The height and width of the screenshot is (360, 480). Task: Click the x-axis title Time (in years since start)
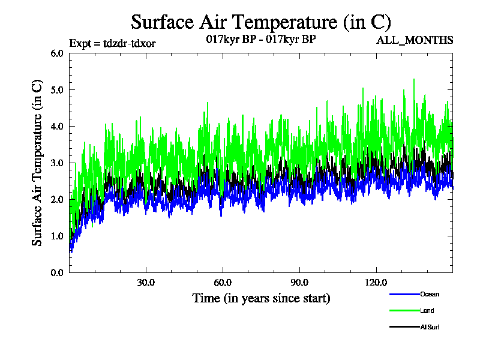[261, 298]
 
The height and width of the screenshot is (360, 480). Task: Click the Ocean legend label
[430, 294]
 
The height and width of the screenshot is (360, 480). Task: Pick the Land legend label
[427, 310]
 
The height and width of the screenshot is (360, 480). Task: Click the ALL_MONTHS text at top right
[415, 40]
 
